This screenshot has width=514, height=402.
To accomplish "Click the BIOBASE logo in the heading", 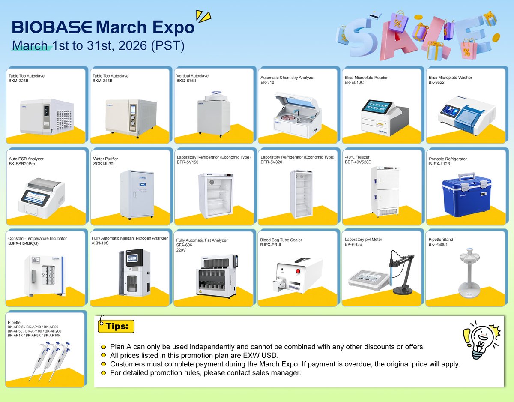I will pos(52,27).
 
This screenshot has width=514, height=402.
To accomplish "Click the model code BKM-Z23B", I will pos(18,81).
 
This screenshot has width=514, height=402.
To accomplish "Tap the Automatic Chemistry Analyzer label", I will pos(287,78).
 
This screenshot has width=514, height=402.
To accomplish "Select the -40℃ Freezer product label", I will pos(357,157).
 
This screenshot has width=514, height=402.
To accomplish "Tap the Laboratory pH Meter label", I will pos(363,240).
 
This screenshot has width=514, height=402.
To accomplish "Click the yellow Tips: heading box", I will pos(116,326).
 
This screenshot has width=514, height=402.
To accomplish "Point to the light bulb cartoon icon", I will pos(480,341).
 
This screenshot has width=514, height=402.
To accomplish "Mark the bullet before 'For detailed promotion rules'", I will pos(103,373).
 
